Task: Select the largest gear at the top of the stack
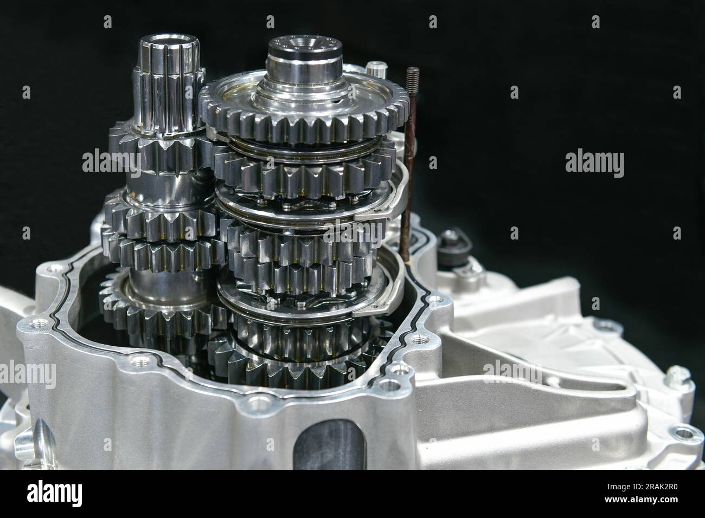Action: [304, 114]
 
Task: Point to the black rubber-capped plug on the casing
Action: [450, 242]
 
